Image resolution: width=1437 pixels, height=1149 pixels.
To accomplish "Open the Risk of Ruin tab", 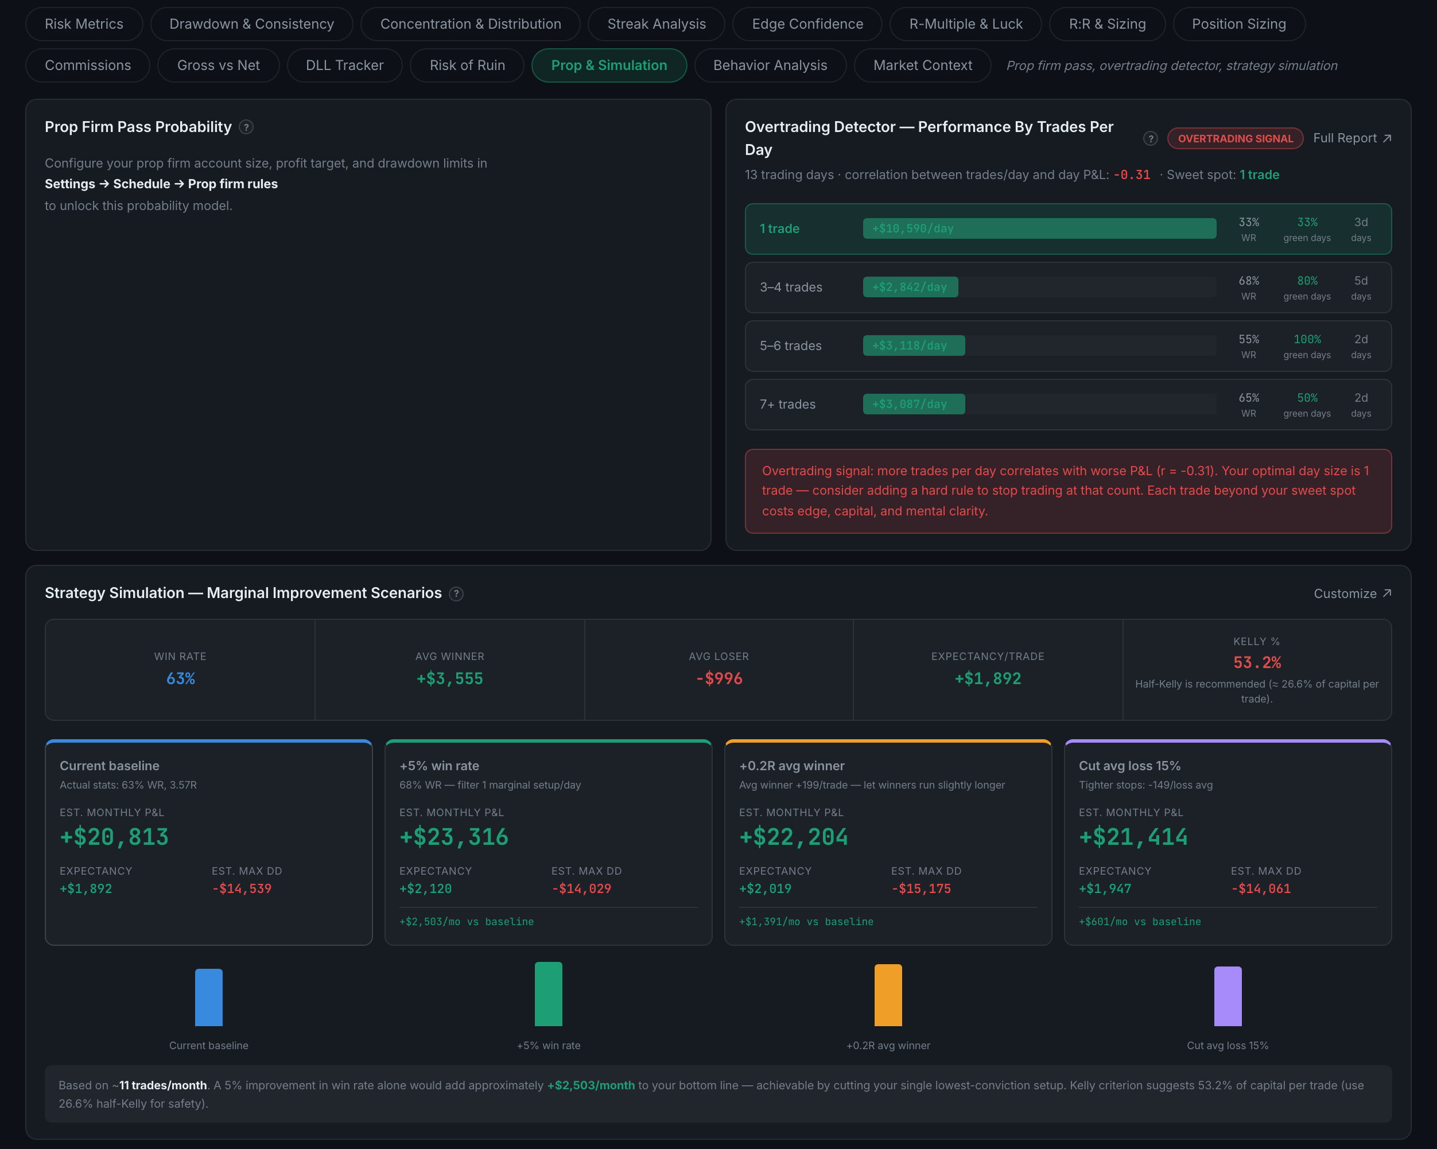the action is pyautogui.click(x=467, y=65).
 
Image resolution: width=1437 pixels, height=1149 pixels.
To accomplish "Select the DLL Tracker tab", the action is pyautogui.click(x=344, y=65).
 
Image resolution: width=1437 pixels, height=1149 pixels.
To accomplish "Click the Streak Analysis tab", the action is pyautogui.click(x=657, y=24).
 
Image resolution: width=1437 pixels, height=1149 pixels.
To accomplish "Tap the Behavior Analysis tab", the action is pyautogui.click(x=770, y=65).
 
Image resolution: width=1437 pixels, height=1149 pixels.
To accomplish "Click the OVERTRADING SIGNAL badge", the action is pyautogui.click(x=1235, y=139).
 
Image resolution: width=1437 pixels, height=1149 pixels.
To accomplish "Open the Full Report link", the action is pyautogui.click(x=1351, y=138).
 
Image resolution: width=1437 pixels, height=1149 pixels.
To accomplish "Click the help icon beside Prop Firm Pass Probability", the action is pyautogui.click(x=246, y=127).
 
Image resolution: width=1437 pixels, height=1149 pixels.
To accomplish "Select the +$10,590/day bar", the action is pyautogui.click(x=1039, y=228).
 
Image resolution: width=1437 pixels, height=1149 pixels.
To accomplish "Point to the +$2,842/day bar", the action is pyautogui.click(x=910, y=287).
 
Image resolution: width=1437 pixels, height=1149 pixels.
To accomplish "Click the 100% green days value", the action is pyautogui.click(x=1307, y=339).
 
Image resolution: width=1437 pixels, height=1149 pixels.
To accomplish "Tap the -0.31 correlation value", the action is pyautogui.click(x=1132, y=174).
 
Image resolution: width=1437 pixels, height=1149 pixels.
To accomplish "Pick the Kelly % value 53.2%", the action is pyautogui.click(x=1257, y=662).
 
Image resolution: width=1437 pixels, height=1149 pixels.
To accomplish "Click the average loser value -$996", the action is pyautogui.click(x=718, y=678).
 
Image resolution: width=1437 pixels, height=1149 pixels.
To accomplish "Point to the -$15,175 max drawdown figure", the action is pyautogui.click(x=921, y=888).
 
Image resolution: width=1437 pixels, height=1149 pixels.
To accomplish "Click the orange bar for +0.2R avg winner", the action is pyautogui.click(x=888, y=995).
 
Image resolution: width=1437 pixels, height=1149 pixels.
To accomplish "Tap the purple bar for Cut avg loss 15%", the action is pyautogui.click(x=1228, y=996).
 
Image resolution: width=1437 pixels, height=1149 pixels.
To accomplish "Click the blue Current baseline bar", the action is pyautogui.click(x=209, y=997).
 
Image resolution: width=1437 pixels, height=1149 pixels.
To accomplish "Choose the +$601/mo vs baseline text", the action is pyautogui.click(x=1140, y=922).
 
